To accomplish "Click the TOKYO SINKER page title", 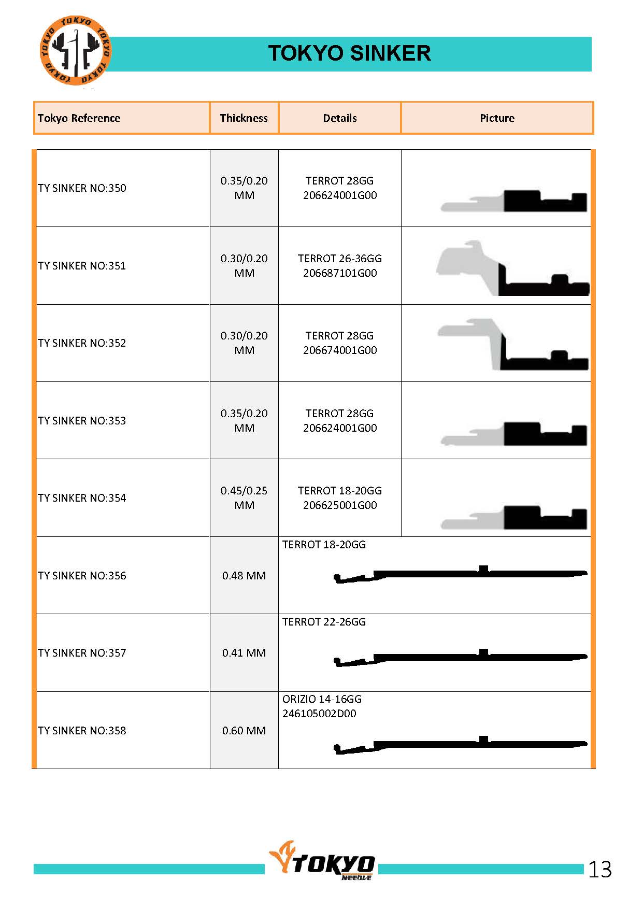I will click(349, 53).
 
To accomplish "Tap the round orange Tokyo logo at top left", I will click(75, 51).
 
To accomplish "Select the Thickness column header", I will click(244, 118).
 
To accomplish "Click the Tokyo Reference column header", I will click(79, 118).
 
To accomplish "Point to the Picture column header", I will click(497, 118).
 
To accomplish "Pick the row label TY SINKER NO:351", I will click(82, 266).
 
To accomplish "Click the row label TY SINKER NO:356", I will click(82, 576).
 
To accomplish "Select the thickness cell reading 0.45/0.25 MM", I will click(244, 498).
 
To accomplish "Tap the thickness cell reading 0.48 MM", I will click(244, 576).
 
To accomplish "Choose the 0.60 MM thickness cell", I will click(244, 731).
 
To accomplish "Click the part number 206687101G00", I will click(340, 273).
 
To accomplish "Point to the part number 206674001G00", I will click(340, 350).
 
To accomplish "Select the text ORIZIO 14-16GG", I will click(322, 699).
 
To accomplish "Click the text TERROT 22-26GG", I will click(324, 622).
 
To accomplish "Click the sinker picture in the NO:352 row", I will click(512, 345).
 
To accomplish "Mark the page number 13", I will click(600, 870).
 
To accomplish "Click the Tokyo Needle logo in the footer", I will click(322, 863).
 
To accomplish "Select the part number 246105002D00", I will click(319, 714).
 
